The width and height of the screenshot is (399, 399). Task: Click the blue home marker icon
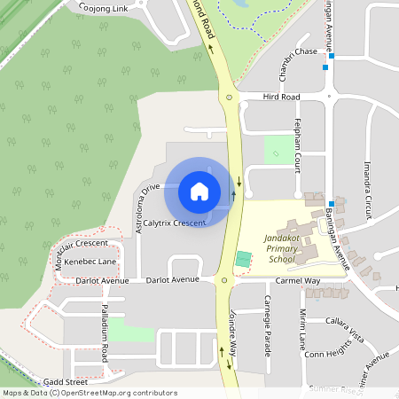(x=199, y=191)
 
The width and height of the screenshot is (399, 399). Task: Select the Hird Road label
(x=282, y=97)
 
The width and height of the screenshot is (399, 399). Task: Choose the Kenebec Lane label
(x=90, y=262)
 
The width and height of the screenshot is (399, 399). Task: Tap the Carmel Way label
(x=297, y=280)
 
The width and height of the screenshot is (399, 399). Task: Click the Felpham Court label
(x=299, y=141)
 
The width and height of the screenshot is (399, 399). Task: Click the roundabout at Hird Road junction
(x=229, y=97)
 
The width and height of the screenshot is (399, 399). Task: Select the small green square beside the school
(x=243, y=259)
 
